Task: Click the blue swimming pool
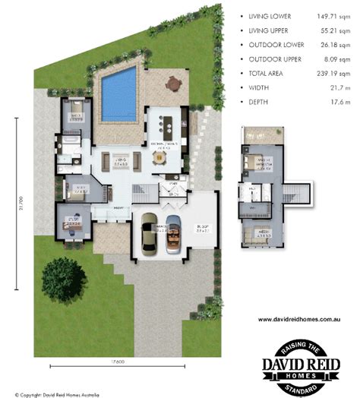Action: [x=118, y=93]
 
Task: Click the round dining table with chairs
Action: [x=159, y=157]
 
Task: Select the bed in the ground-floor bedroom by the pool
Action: [x=76, y=112]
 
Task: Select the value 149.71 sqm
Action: [x=324, y=15]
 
